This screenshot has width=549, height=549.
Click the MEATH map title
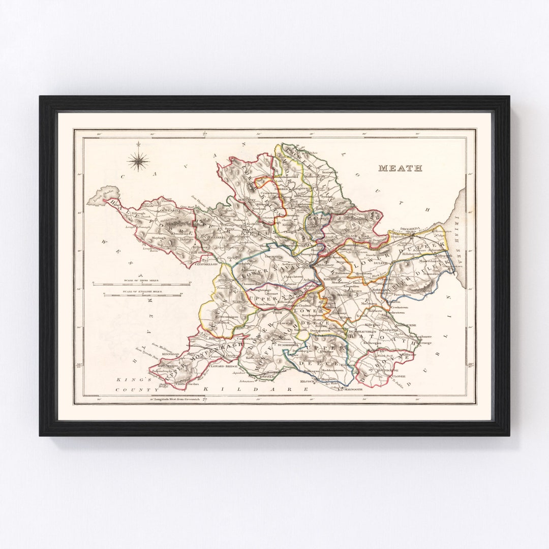click(x=400, y=168)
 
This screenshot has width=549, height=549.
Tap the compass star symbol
click(x=138, y=162)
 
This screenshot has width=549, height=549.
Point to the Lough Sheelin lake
click(x=104, y=196)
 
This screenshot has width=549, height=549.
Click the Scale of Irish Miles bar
click(x=141, y=283)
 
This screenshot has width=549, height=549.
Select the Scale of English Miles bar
click(x=141, y=294)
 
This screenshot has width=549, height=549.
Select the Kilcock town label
click(x=309, y=381)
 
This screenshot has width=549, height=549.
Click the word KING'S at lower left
click(x=139, y=380)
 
